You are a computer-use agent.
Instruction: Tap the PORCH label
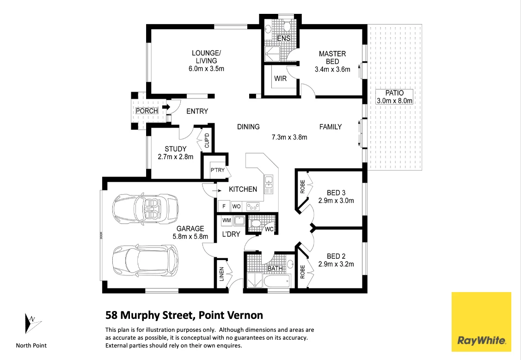[x=147, y=111]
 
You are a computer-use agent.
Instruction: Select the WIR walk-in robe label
[x=280, y=79]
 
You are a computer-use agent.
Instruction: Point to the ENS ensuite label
[x=283, y=38]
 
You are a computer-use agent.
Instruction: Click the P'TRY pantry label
[x=217, y=170]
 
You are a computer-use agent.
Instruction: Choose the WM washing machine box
[x=227, y=220]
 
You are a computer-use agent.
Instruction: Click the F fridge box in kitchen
[x=224, y=207]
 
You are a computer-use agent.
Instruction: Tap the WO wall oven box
[x=236, y=207]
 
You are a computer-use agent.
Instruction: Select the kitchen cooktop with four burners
[x=252, y=207]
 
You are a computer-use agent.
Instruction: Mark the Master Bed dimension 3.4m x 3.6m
[x=332, y=69]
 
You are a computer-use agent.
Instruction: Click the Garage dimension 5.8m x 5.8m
[x=190, y=236]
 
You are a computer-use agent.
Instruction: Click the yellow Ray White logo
[x=481, y=322]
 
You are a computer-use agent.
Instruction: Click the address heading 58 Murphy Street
[x=184, y=315]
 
